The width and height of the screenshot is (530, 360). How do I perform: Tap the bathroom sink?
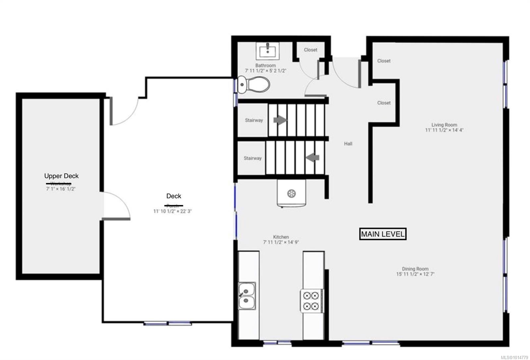pos(267,51)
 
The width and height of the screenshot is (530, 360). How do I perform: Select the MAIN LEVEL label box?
pos(383,234)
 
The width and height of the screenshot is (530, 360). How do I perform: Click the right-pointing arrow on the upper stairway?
pos(280,120)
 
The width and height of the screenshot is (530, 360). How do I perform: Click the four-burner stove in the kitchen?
pos(311,300)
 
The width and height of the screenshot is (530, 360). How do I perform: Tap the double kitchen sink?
pos(247,296)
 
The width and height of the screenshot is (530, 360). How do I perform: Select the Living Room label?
pos(444,125)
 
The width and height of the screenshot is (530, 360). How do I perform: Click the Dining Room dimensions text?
pos(415,274)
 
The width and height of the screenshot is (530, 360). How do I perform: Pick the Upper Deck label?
pos(61,176)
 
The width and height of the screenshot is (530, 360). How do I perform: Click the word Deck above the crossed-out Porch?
pos(174,196)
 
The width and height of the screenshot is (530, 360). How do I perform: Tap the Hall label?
pos(348,144)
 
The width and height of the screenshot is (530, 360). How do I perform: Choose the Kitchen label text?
pos(281,237)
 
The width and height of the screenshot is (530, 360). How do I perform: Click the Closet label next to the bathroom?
pos(310,50)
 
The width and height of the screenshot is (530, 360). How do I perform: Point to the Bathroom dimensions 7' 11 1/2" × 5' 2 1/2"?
pos(265,71)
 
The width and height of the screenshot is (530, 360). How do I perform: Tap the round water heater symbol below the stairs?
pos(291,194)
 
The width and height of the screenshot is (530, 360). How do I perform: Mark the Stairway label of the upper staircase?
pos(254,120)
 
